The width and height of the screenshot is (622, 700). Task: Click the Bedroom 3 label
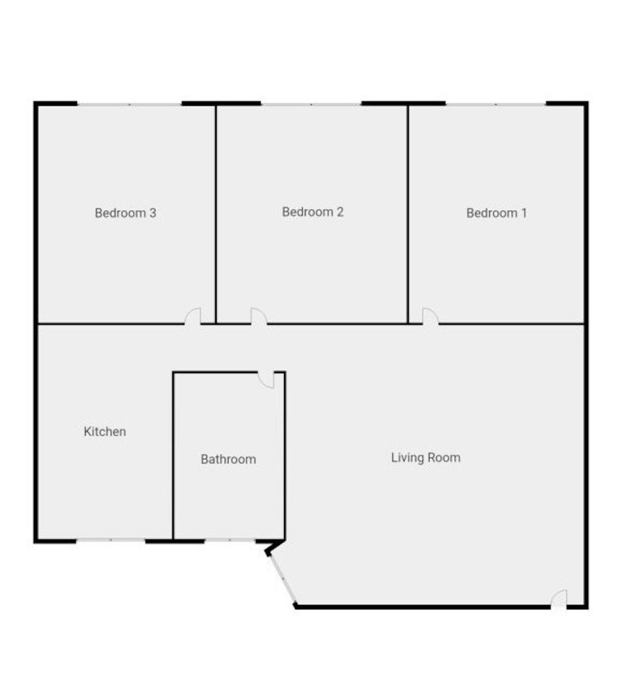point(125,213)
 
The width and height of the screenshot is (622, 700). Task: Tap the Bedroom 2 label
point(313,212)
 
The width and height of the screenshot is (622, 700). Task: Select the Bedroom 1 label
point(497,213)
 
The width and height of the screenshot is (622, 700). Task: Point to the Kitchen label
point(105,432)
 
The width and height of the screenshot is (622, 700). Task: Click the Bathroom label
point(228,459)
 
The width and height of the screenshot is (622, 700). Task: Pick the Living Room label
point(426,458)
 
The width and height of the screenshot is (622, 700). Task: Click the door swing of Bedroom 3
point(192,316)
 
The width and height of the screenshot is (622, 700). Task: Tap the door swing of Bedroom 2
point(259,316)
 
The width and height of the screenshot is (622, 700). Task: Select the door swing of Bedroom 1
point(430,316)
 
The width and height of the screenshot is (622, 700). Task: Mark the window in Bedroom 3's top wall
point(130,104)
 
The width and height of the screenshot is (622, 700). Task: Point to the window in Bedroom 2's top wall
point(311,104)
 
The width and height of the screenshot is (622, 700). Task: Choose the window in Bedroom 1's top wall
point(496,104)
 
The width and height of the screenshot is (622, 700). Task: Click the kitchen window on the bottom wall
point(111,540)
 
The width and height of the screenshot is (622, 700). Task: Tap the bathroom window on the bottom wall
point(230,540)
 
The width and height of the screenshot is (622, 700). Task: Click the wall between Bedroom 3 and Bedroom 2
point(216,214)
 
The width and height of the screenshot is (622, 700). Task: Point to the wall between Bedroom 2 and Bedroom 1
point(408,214)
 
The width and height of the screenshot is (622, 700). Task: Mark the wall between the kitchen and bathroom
point(173,455)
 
